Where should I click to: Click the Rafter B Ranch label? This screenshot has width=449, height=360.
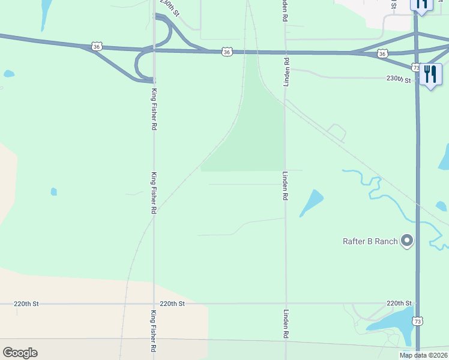pyautogui.click(x=370, y=241)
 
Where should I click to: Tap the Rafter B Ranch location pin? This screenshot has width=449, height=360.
pyautogui.click(x=408, y=241)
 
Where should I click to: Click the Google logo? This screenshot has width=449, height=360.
pyautogui.click(x=20, y=352)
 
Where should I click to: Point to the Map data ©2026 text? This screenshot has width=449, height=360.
pyautogui.click(x=423, y=355)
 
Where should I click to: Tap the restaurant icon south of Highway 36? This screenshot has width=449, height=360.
pyautogui.click(x=430, y=74)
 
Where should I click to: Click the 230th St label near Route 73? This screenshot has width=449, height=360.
pyautogui.click(x=399, y=79)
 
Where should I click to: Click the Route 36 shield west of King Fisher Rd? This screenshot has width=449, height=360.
pyautogui.click(x=97, y=46)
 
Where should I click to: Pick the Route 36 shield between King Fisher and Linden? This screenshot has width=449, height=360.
pyautogui.click(x=226, y=52)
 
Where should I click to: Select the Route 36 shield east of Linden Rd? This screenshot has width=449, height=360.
pyautogui.click(x=382, y=53)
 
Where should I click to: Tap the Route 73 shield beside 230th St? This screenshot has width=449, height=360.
pyautogui.click(x=415, y=67)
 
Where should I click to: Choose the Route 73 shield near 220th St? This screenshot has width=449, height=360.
pyautogui.click(x=417, y=321)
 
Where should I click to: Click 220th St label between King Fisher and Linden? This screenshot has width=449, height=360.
pyautogui.click(x=172, y=304)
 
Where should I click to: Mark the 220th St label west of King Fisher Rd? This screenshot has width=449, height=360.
pyautogui.click(x=26, y=304)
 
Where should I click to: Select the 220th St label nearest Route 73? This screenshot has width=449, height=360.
pyautogui.click(x=399, y=304)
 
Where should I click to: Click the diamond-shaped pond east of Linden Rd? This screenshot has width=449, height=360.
pyautogui.click(x=312, y=201)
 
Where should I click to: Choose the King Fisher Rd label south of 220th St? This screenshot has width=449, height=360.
pyautogui.click(x=154, y=331)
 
